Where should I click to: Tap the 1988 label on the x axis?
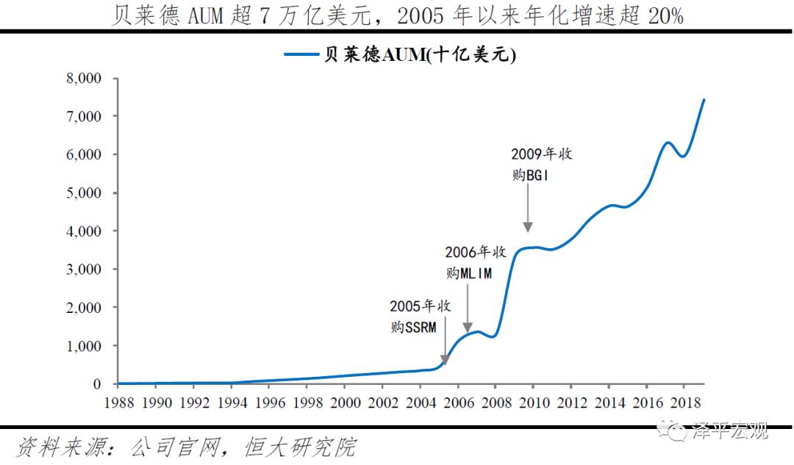[x=118, y=403]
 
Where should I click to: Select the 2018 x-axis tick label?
[x=683, y=403]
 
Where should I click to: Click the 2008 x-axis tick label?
[x=495, y=403]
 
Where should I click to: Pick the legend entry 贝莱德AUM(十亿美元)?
[x=420, y=55]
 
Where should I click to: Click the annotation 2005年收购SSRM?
[x=420, y=316]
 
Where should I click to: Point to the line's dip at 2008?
[x=493, y=336]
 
